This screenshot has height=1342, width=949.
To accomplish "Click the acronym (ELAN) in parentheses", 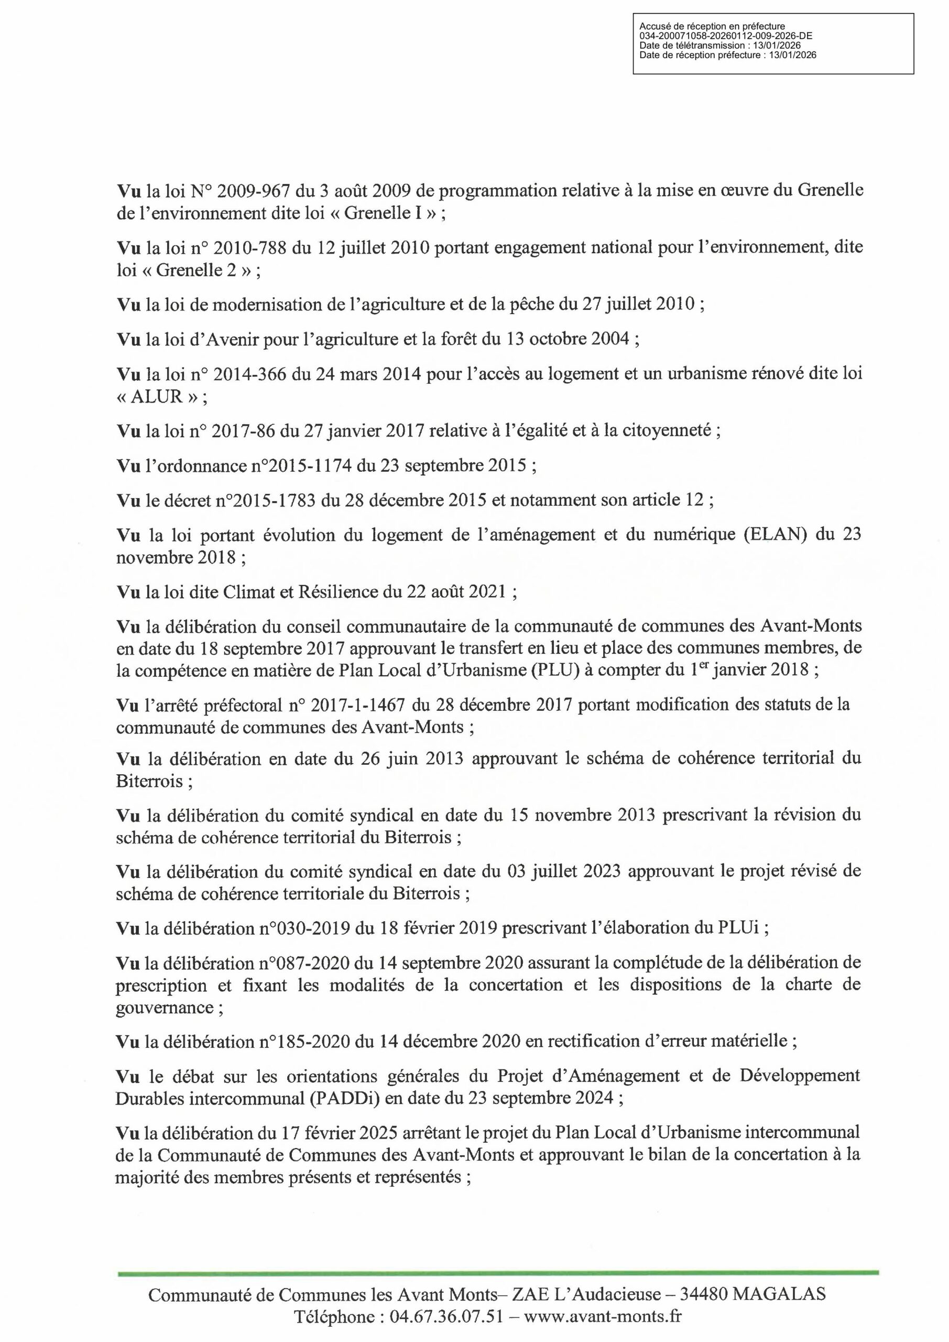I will [776, 535].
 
